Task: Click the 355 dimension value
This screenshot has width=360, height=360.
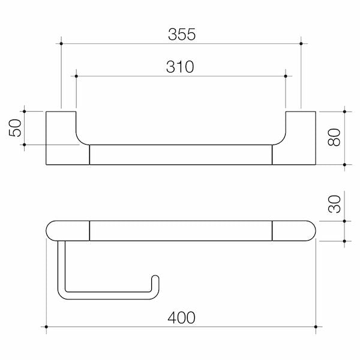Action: point(182,34)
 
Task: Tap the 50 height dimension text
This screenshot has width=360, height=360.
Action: point(16,128)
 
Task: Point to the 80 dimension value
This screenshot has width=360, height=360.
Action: point(334,138)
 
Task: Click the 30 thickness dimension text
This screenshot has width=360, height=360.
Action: point(334,204)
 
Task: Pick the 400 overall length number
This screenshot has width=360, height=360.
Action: point(182,317)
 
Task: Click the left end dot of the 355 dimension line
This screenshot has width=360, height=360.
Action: point(61,43)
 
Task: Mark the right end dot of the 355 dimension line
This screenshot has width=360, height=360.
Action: point(301,43)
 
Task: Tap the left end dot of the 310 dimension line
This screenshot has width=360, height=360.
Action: point(77,76)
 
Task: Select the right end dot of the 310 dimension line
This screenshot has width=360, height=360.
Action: point(286,76)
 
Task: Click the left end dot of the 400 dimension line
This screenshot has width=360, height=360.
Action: point(46,327)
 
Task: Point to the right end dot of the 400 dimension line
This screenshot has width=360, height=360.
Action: point(316,327)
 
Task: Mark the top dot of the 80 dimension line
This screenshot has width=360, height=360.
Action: point(345,111)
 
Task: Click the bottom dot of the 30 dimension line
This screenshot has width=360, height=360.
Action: point(345,241)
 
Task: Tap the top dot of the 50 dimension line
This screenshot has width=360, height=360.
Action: point(25,111)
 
